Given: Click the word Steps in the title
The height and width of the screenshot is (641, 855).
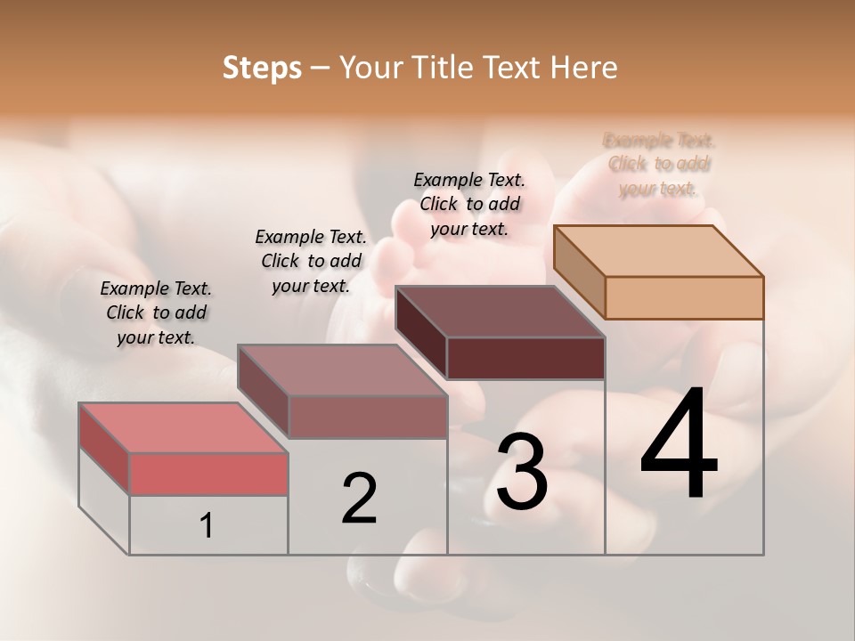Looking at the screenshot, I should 262,69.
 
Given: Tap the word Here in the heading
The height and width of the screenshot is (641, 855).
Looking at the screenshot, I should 585,69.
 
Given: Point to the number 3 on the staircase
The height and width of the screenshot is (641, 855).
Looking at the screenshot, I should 522,472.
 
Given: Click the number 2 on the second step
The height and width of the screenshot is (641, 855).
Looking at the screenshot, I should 360,499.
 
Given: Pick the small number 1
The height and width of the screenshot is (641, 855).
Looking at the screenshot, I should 207,526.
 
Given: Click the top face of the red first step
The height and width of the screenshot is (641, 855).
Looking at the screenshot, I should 183,427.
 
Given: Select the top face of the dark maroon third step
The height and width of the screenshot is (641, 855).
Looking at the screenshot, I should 501,312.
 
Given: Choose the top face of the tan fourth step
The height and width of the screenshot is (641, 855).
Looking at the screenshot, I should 659,251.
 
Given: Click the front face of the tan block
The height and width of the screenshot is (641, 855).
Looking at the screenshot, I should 684,297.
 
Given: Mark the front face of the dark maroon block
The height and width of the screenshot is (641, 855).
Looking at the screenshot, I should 525,358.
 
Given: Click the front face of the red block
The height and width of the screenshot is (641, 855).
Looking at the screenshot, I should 208,474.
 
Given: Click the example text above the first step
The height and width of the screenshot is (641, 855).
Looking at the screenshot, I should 156,312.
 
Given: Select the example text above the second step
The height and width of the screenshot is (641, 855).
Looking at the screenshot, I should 311,261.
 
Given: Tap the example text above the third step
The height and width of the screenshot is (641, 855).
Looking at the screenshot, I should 469,204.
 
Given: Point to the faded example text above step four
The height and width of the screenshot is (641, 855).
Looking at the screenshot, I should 659,164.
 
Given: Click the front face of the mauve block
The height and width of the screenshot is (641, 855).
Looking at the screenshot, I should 367,417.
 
